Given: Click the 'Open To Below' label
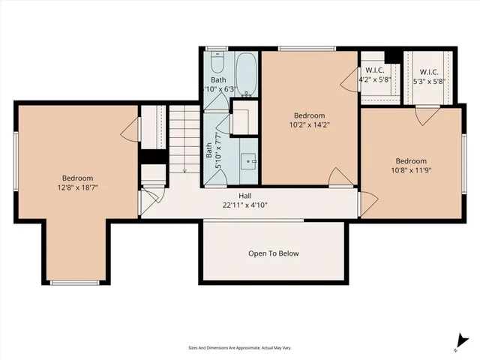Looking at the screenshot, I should tap(274, 253).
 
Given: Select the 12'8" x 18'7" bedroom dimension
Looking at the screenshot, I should tap(78, 188).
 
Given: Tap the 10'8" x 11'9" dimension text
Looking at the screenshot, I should tap(411, 170).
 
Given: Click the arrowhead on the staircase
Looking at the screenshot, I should tap(184, 171).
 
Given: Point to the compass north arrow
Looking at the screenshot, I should tap(456, 344).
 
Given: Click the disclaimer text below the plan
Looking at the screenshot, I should tap(240, 348).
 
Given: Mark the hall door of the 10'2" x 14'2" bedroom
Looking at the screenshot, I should tap(338, 178).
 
